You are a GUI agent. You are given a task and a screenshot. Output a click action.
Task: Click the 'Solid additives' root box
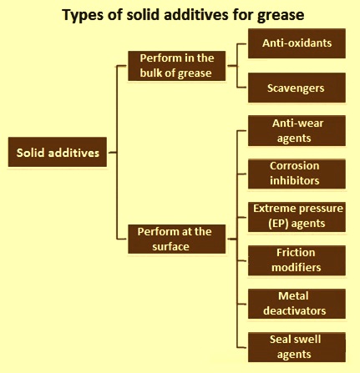(x=58, y=152)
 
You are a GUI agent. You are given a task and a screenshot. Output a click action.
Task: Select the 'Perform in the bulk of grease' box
(x=176, y=66)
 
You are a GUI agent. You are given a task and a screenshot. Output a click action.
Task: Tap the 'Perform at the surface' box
(x=176, y=239)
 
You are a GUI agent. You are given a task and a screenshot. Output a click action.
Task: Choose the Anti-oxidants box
(x=297, y=43)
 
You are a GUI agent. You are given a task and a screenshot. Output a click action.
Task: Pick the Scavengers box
(x=297, y=88)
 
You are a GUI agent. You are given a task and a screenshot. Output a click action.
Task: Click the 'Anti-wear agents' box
(x=297, y=131)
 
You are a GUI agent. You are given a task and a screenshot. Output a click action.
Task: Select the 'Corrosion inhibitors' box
(x=297, y=174)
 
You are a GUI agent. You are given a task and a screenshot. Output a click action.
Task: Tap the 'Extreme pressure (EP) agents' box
(x=297, y=217)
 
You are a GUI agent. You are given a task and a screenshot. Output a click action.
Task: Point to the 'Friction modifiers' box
(x=297, y=260)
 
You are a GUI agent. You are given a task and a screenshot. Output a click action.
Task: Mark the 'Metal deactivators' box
(x=297, y=304)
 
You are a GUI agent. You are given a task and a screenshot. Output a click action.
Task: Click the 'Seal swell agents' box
(x=297, y=347)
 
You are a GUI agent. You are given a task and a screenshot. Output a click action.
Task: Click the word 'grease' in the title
(x=281, y=16)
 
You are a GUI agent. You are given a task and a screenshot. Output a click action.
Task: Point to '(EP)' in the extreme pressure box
(x=278, y=224)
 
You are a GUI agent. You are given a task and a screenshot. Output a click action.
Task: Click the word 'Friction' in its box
(x=296, y=253)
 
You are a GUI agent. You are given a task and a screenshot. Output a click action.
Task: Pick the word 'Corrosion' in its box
(x=295, y=166)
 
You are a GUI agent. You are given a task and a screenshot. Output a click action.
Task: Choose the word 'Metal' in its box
(x=293, y=296)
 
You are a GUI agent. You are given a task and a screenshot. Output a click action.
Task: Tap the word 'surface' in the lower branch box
(x=170, y=247)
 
